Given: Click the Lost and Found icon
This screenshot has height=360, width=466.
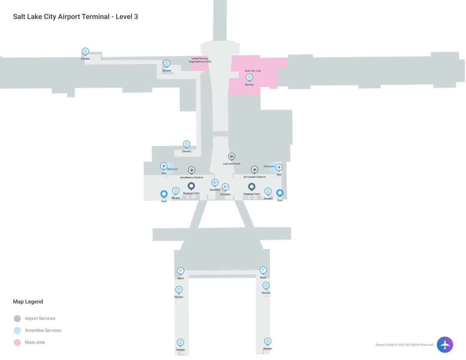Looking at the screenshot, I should tap(231, 157).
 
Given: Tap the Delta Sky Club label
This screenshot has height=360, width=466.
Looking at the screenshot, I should tap(252, 71).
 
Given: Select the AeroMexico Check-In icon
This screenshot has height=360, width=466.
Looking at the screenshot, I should tap(191, 170).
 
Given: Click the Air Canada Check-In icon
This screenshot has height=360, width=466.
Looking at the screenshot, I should tap(254, 170).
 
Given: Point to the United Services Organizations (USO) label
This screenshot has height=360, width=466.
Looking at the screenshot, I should tap(200, 60).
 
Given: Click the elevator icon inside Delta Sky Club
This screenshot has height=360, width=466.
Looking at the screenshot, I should tap(249, 77).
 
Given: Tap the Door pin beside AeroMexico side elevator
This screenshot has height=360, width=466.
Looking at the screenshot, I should tap(164, 193).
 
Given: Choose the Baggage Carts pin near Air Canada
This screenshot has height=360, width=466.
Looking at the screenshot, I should tap(252, 187).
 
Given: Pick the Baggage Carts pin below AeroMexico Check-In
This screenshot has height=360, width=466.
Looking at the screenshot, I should tap(191, 186).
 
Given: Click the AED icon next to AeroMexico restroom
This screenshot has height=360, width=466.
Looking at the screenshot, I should tap(164, 166).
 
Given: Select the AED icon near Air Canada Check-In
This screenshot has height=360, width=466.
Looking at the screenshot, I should tap(279, 167).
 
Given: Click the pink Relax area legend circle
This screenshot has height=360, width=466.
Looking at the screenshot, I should tap(17, 343).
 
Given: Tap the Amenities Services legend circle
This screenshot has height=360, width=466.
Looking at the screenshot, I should tap(17, 330).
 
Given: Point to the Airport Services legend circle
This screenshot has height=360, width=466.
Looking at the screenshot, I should tap(17, 318).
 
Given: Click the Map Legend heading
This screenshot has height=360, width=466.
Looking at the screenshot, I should tap(28, 302).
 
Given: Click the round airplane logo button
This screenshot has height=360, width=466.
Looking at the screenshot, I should tap(445, 344).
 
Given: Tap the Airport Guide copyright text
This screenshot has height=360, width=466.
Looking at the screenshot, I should tap(404, 345).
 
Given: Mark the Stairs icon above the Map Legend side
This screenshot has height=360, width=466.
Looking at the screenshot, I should tap(181, 271).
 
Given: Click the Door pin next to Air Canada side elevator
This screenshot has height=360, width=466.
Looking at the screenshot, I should tap(280, 193).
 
